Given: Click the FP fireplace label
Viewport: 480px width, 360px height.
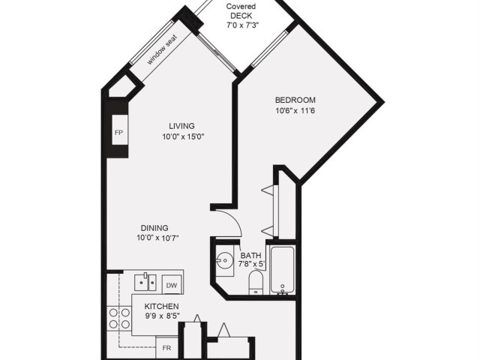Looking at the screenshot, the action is click(118, 133).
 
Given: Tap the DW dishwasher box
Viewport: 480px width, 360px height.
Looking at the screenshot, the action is click(172, 285).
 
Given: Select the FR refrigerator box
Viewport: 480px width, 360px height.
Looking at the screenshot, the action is click(166, 347).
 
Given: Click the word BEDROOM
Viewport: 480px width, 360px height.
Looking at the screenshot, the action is click(295, 100).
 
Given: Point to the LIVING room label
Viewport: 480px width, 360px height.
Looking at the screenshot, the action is click(181, 126).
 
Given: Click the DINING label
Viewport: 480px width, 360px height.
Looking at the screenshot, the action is click(154, 228).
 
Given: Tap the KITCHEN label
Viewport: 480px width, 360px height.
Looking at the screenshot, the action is click(162, 306).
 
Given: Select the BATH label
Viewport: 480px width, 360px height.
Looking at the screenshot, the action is click(251, 255).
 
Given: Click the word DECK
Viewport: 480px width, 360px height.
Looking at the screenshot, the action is click(241, 16).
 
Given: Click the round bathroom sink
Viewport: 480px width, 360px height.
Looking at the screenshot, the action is click(225, 260).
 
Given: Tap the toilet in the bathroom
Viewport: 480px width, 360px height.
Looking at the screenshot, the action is click(256, 282).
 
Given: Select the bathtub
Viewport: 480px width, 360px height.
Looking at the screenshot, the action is click(282, 270).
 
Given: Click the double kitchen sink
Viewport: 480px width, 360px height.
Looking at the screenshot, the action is click(145, 283).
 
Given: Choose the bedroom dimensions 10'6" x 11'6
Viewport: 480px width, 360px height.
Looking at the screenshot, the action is click(295, 110).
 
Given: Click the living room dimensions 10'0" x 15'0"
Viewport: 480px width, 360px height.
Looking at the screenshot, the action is click(183, 136).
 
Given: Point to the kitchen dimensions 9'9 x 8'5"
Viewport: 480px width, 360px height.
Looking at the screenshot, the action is click(162, 316).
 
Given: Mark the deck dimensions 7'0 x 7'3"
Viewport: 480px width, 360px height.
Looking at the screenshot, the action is click(243, 25).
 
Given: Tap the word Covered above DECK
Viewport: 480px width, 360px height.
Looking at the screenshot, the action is click(241, 7).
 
